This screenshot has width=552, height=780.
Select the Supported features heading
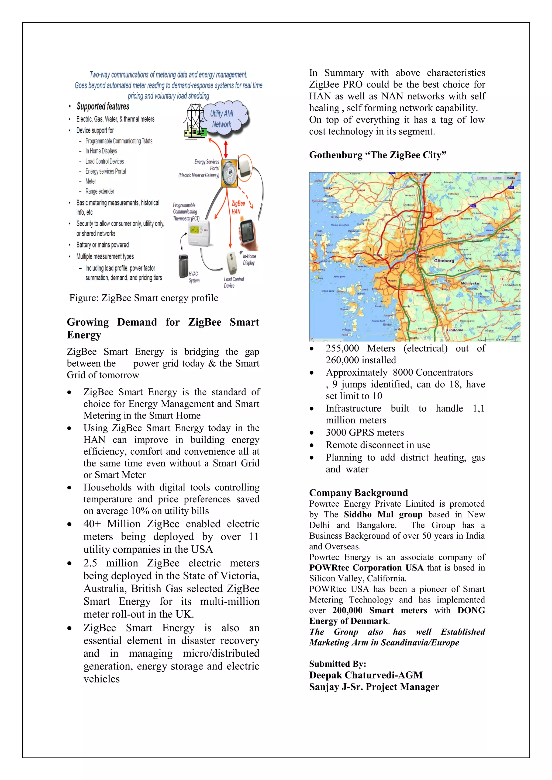pos(103,106)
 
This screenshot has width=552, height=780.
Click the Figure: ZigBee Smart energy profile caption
pos(143,298)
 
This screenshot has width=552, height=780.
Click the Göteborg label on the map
pos(444,261)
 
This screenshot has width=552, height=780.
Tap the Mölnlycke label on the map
pos(470,283)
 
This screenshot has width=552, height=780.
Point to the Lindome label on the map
pos(455,330)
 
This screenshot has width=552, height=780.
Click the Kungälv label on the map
pos(420,175)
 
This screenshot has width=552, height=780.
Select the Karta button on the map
pos(510,178)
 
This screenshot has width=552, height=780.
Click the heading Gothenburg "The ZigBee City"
pos(377,155)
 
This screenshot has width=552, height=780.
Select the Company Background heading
pos(358,493)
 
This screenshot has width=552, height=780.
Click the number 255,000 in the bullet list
pos(342,348)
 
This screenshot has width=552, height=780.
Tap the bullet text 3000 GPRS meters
pos(365,433)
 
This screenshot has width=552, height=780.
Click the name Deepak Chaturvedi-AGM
pos(366,675)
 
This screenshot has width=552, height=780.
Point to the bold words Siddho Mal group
pos(383,515)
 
